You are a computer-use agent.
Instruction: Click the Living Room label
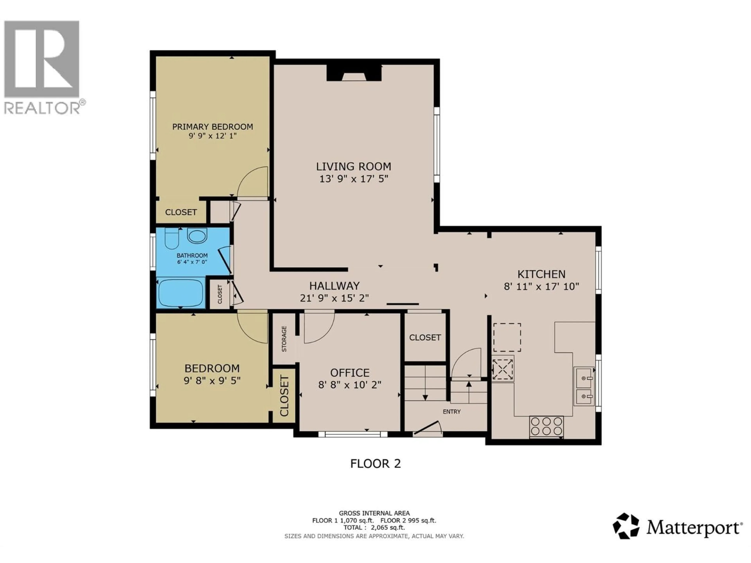click(353, 167)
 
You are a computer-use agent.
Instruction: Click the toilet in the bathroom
click(172, 238)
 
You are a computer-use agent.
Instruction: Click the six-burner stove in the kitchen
click(546, 426)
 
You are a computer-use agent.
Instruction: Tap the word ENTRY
click(452, 412)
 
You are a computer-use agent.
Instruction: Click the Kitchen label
click(541, 274)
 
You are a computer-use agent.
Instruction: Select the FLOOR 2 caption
click(375, 463)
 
